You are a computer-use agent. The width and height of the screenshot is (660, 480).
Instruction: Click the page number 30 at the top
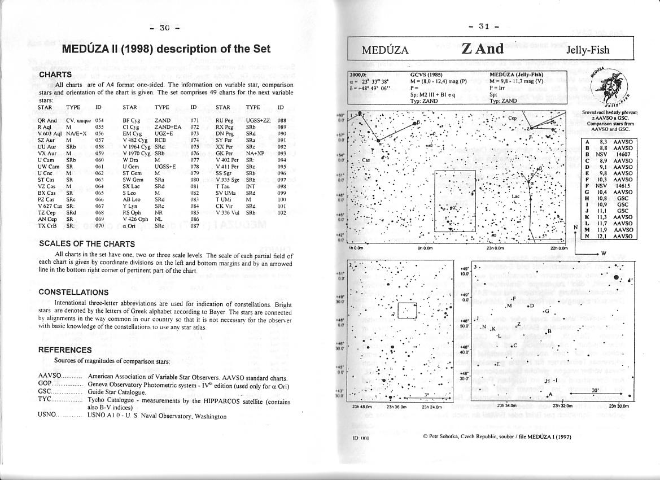tap(164, 27)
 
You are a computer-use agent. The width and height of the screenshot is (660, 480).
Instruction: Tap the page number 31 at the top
tap(484, 26)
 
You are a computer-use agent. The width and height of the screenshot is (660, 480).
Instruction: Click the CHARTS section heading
tap(55, 74)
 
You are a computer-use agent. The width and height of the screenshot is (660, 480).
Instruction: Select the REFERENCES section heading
tap(65, 350)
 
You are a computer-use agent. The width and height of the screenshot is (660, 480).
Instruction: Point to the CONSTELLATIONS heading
tap(73, 292)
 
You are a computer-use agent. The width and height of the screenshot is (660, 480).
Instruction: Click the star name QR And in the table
tap(47, 120)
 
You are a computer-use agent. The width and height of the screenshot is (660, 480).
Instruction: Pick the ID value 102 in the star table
tap(282, 213)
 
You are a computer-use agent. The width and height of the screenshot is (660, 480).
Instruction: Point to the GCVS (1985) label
tap(426, 75)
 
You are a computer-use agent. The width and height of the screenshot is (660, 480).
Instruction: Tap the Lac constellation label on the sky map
tap(515, 197)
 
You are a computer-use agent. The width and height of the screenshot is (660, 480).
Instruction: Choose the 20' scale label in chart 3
tap(595, 390)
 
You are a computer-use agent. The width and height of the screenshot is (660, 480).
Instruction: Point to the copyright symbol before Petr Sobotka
tap(425, 437)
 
